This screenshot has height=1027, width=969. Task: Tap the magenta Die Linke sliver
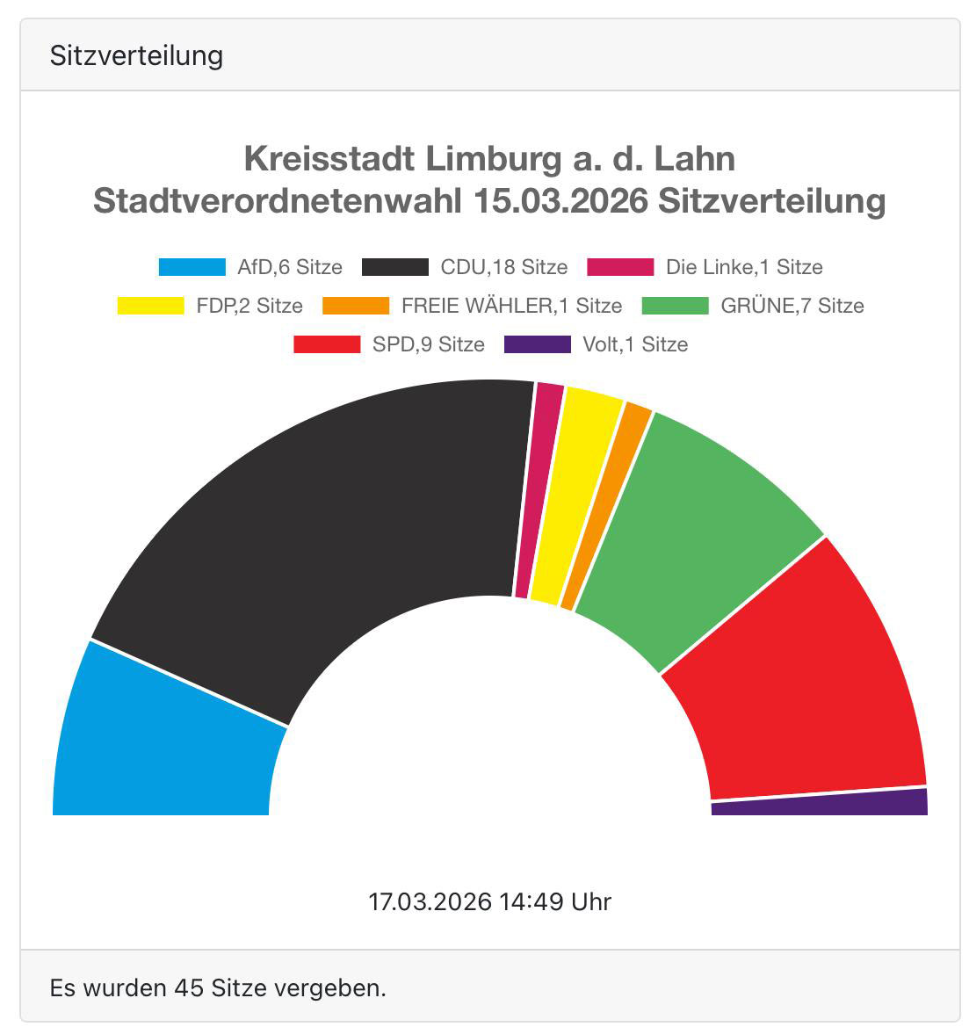[x=536, y=492]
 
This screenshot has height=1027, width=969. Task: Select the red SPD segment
[x=808, y=685]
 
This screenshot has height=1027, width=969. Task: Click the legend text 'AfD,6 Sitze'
[x=289, y=267]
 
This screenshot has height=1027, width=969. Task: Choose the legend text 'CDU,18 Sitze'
[x=503, y=267]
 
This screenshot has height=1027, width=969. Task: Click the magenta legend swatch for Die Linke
[x=620, y=267]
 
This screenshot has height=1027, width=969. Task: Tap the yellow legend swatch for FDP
[x=150, y=306]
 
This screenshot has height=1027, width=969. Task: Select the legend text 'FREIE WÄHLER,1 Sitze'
[x=511, y=306]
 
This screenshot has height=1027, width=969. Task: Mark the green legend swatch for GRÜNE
[x=675, y=306]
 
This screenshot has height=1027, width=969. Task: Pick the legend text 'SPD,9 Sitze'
[x=428, y=344]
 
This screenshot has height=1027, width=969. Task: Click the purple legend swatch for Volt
[x=537, y=344]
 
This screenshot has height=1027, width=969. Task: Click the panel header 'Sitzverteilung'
[x=136, y=55]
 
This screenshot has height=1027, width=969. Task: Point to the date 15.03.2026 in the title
[x=560, y=200]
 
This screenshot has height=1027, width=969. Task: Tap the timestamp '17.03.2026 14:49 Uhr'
[x=489, y=901]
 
